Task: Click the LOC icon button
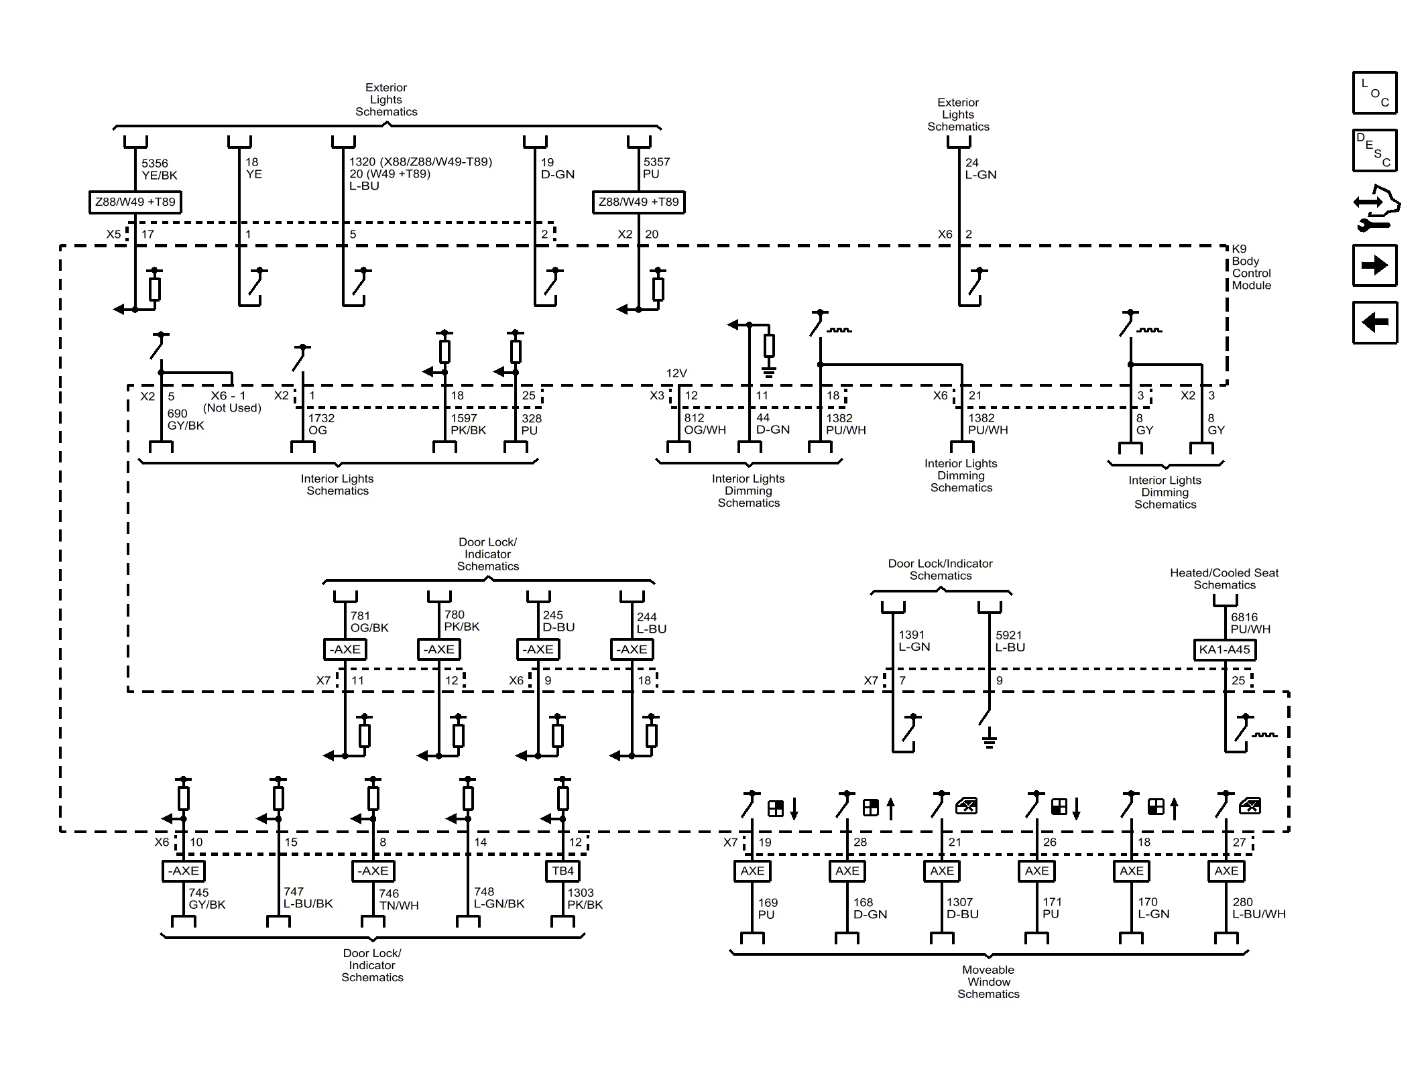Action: pos(1374,92)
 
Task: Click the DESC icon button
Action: pos(1374,150)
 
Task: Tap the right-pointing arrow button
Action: pos(1374,265)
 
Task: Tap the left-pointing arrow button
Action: pos(1374,322)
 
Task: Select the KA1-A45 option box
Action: pos(1224,649)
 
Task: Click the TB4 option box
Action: pos(562,871)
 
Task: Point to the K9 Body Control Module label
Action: pos(1250,267)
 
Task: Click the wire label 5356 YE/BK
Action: pos(159,170)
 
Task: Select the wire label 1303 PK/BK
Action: pos(585,898)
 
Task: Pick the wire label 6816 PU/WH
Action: pos(1250,623)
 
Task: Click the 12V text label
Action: pos(676,373)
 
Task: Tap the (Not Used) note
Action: pos(232,407)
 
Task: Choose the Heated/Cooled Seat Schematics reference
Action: pos(1224,578)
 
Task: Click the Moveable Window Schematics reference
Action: pos(988,981)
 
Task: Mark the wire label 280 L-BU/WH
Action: pos(1258,907)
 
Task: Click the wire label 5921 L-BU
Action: pos(1010,641)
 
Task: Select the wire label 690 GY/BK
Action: pos(185,420)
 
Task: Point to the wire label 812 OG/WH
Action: pos(704,424)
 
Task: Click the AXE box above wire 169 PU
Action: pos(752,871)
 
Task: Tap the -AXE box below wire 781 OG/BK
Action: pos(345,649)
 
